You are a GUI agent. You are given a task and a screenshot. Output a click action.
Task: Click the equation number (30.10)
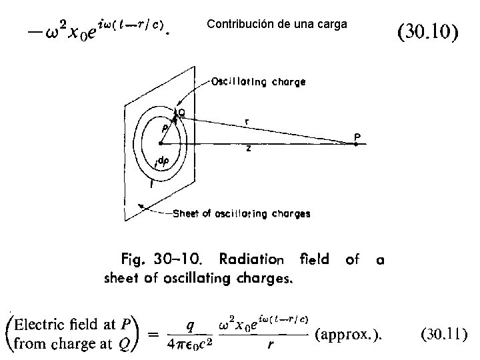(x=427, y=31)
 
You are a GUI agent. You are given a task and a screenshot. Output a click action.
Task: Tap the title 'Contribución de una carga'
(x=277, y=25)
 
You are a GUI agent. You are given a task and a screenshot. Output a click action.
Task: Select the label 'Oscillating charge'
(x=259, y=82)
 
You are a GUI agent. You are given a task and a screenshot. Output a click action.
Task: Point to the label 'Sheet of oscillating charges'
(x=241, y=214)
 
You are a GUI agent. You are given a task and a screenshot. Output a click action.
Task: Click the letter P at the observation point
(x=358, y=134)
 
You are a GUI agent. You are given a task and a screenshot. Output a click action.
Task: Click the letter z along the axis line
(x=249, y=150)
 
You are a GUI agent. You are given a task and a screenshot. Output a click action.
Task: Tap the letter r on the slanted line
(x=248, y=122)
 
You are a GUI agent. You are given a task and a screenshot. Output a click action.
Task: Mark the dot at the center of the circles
(x=161, y=143)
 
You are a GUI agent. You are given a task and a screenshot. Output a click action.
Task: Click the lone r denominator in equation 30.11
(x=271, y=346)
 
